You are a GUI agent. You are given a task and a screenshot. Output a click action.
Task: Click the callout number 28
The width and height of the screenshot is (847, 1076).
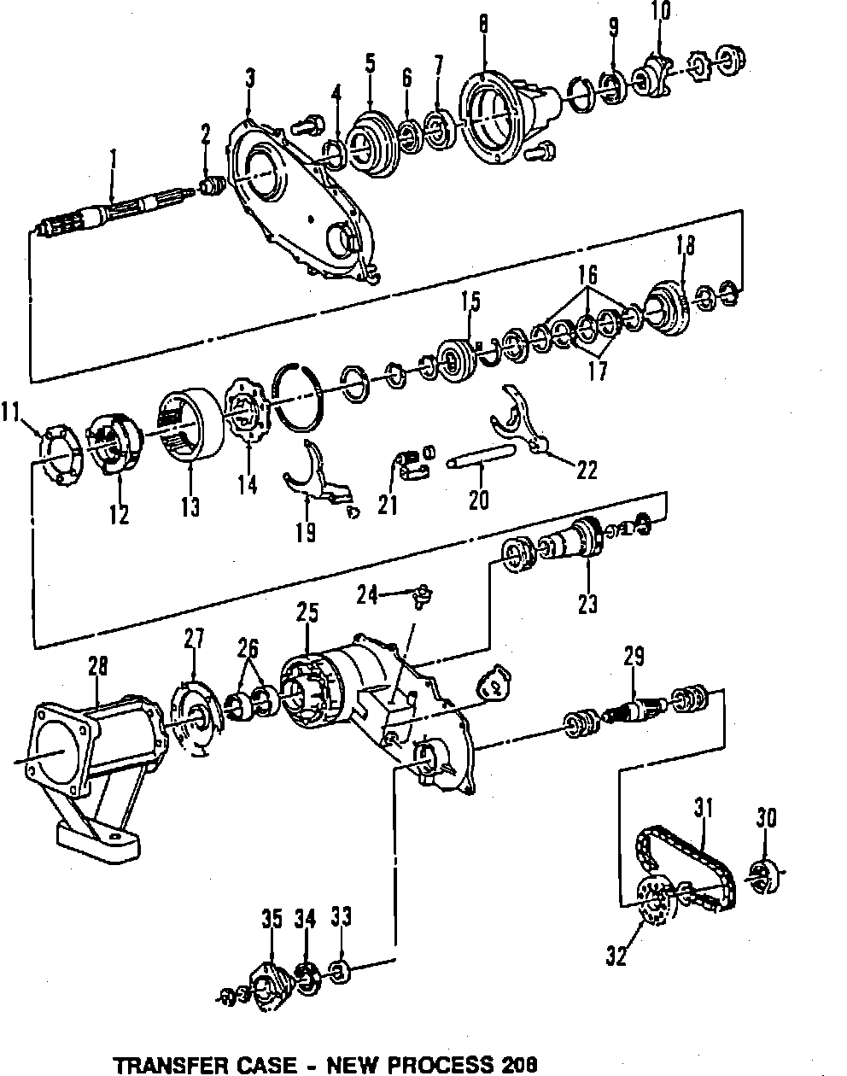pyautogui.click(x=97, y=665)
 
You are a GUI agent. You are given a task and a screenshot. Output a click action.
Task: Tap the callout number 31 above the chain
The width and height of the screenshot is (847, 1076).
pyautogui.click(x=702, y=807)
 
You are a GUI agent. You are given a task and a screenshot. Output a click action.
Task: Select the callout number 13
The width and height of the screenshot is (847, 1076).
pyautogui.click(x=190, y=506)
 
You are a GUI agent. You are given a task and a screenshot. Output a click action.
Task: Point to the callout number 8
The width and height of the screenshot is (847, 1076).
pyautogui.click(x=483, y=24)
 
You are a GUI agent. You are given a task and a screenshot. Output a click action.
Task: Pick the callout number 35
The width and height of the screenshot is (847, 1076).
pyautogui.click(x=272, y=919)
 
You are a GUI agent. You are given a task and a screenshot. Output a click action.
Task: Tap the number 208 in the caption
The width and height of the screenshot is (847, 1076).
pyautogui.click(x=520, y=1065)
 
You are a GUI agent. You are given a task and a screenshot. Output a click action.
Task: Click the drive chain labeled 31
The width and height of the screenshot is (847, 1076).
pyautogui.click(x=683, y=863)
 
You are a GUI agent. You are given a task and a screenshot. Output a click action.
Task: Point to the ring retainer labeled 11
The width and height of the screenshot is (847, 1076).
pyautogui.click(x=59, y=447)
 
